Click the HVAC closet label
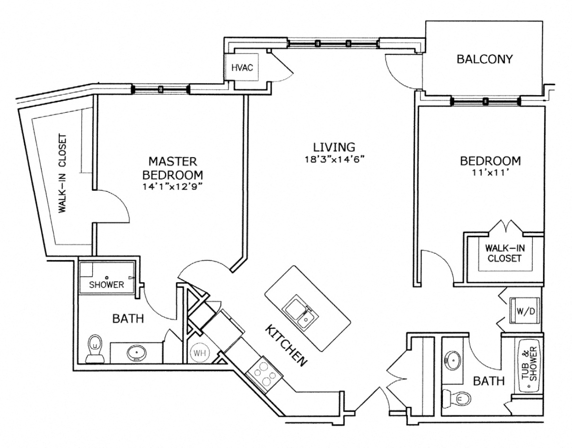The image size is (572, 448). coord(242,67)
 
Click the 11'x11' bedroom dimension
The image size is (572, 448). coord(491,173)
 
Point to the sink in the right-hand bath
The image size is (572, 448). coord(452,360)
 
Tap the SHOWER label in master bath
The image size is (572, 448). coord(106,285)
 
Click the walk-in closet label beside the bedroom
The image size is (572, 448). coord(502,253)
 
